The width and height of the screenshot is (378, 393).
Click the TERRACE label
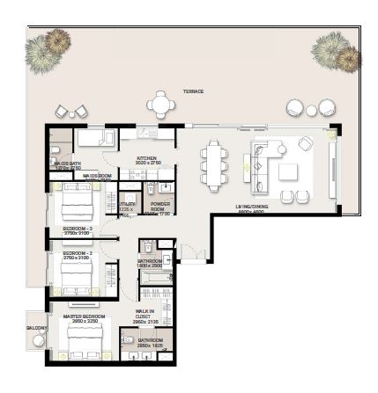point(193,91)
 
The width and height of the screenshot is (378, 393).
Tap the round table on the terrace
point(161,105)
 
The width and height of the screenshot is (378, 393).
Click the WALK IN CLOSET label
point(145,315)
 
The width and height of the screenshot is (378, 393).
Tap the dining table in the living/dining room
point(214,163)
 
